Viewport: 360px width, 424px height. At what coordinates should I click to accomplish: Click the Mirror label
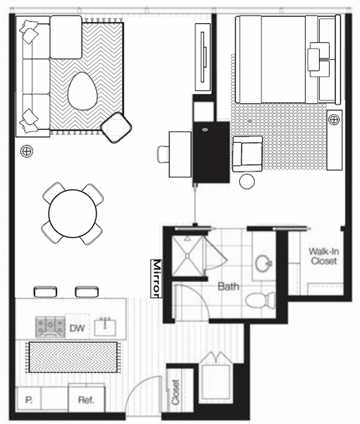(x=156, y=278)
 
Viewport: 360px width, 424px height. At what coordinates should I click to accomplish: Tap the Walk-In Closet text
(x=323, y=257)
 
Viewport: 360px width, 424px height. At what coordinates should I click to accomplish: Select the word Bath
(x=229, y=286)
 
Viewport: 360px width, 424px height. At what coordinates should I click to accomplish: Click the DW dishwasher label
(x=77, y=328)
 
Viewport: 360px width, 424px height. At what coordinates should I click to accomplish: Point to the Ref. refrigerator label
(x=86, y=400)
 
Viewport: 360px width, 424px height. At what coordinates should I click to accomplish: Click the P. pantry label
(x=29, y=400)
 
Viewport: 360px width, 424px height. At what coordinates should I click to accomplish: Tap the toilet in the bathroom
(x=260, y=300)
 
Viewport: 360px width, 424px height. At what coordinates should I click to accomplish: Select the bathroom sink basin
(x=263, y=264)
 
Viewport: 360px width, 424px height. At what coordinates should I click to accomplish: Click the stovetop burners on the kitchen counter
(x=50, y=327)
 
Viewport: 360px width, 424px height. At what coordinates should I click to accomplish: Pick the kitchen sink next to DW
(x=105, y=326)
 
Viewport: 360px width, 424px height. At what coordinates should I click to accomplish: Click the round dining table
(x=73, y=213)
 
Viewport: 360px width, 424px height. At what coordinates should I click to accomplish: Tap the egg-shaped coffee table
(x=82, y=91)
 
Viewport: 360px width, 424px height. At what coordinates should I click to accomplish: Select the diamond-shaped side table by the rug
(x=116, y=127)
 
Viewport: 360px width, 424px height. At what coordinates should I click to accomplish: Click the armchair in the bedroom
(x=247, y=154)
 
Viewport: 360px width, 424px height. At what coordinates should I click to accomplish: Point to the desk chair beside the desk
(x=163, y=154)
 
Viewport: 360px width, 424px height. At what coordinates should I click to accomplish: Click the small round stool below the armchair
(x=247, y=182)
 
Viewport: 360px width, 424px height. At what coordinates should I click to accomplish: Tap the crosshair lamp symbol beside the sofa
(x=27, y=151)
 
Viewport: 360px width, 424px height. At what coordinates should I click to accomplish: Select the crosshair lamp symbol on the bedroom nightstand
(x=334, y=119)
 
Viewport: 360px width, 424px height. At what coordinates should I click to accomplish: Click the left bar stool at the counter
(x=45, y=292)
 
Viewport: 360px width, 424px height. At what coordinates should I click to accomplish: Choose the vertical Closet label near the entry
(x=175, y=392)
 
